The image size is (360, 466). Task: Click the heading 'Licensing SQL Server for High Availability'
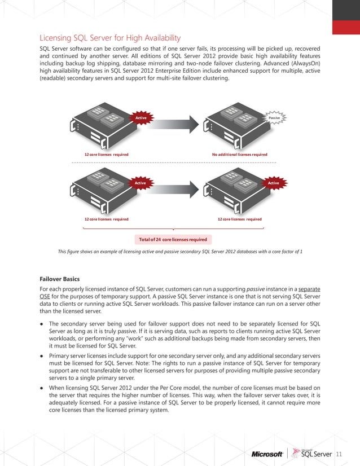tap(110, 38)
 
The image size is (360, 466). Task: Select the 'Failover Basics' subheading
tap(63, 279)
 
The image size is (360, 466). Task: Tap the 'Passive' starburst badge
tap(274, 118)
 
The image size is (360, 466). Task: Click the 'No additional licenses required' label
tap(240, 154)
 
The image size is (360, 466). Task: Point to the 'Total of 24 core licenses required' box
tap(173, 239)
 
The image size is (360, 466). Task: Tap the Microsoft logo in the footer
tap(267, 454)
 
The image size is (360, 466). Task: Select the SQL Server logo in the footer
tap(315, 454)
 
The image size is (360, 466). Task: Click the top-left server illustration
tap(104, 125)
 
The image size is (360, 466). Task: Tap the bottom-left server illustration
tap(104, 189)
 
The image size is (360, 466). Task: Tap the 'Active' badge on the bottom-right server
tap(274, 183)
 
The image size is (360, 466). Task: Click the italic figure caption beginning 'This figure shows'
tap(180, 251)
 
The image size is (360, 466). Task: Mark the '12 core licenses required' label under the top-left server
tap(106, 154)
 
